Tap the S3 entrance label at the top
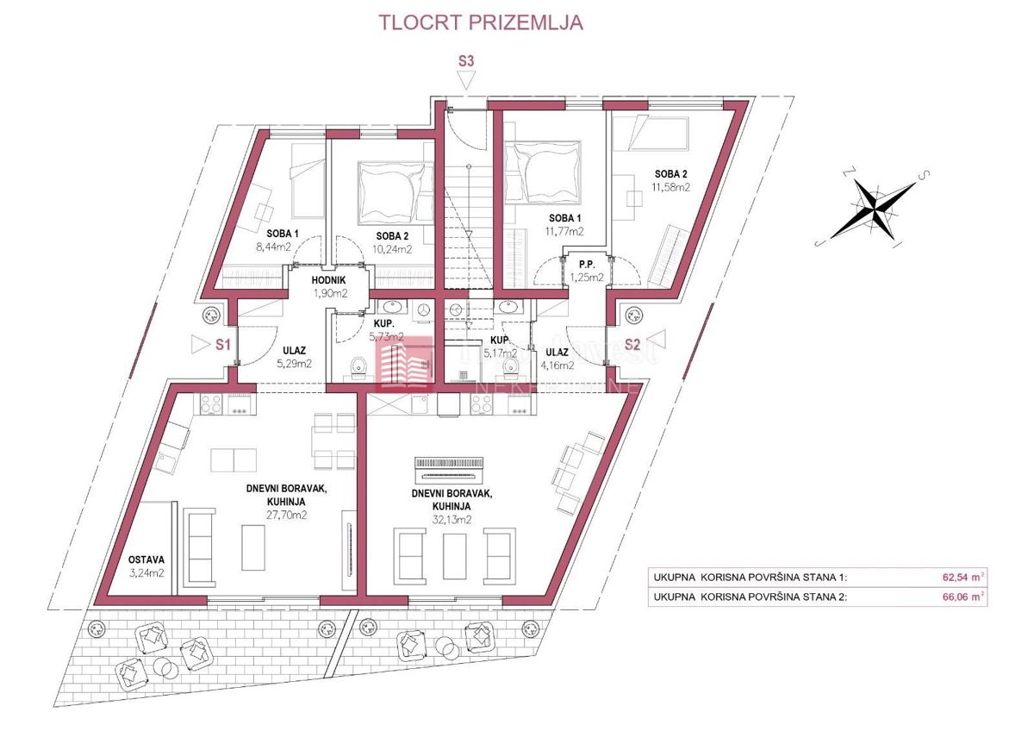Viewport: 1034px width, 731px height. click(466, 61)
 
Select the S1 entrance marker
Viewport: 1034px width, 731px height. click(222, 345)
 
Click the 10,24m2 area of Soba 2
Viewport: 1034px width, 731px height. click(392, 249)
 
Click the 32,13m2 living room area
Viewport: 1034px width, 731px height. click(452, 520)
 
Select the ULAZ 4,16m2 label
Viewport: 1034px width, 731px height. click(557, 358)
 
